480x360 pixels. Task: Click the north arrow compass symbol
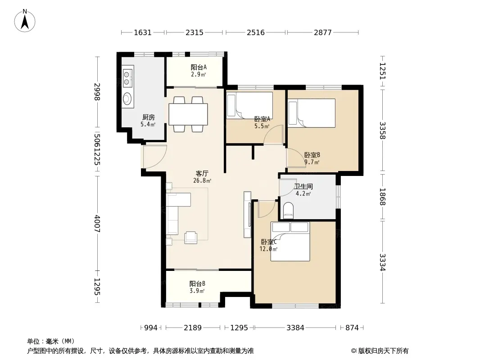[25, 21]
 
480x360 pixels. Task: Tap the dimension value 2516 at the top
[256, 32]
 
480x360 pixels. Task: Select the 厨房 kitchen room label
[149, 117]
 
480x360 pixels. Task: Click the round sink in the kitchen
[127, 99]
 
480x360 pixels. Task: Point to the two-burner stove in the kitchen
[127, 78]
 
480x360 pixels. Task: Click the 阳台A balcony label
[199, 67]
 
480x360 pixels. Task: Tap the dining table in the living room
[188, 114]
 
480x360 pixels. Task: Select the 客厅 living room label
[202, 173]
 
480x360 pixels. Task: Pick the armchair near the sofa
[191, 237]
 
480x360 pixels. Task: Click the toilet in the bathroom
[288, 211]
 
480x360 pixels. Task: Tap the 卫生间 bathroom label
[303, 186]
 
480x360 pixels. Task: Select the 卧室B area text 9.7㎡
[312, 162]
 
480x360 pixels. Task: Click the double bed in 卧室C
[290, 242]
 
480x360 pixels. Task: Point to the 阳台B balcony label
[198, 284]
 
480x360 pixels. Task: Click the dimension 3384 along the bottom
[295, 328]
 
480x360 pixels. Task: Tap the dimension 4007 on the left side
[97, 224]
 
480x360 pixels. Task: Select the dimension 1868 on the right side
[383, 197]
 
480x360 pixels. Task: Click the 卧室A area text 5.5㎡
[262, 126]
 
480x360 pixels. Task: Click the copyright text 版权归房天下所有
[383, 351]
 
